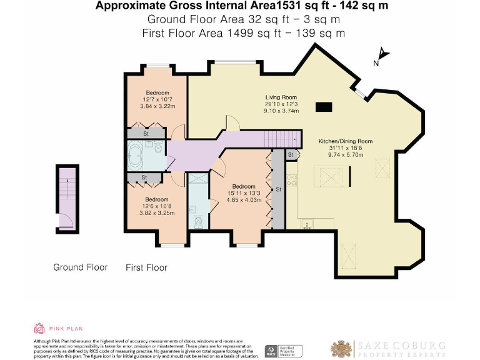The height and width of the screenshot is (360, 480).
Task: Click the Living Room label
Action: (281, 97)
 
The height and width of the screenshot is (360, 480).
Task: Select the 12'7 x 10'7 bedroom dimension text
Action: (157, 99)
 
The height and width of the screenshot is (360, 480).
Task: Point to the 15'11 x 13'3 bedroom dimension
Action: (243, 193)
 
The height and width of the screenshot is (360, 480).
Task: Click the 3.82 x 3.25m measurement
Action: (157, 212)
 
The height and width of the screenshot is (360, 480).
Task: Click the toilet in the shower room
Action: (198, 221)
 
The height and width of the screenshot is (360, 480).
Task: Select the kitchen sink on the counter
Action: (307, 223)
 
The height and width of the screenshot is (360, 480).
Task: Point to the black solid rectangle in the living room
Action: (324, 107)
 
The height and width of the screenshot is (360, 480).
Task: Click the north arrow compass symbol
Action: (382, 56)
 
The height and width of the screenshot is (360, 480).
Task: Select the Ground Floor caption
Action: (80, 267)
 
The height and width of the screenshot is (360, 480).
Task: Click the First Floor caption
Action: (146, 267)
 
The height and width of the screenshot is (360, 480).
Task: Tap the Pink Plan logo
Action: (57, 328)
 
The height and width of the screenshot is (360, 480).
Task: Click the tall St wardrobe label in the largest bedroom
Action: (278, 189)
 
